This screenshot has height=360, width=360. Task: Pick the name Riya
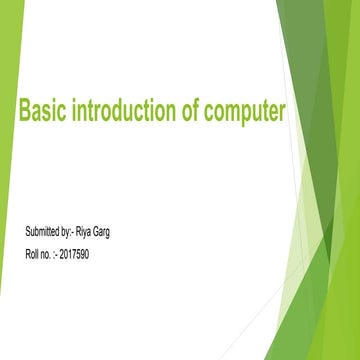tap(84, 232)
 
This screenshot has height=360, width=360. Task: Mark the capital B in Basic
tap(25, 112)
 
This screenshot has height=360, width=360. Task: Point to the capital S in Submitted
tap(27, 232)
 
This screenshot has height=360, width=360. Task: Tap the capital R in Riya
tap(77, 232)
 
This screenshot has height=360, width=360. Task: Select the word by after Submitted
tap(65, 233)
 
